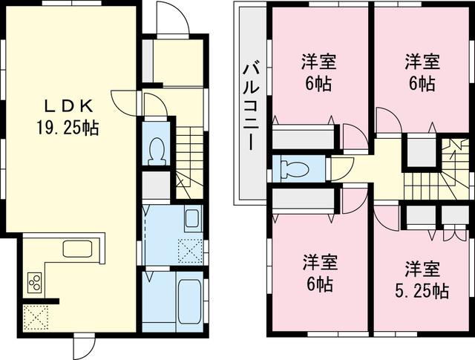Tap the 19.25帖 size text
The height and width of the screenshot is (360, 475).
[x=68, y=128]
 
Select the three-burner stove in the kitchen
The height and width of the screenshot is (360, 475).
[x=35, y=282]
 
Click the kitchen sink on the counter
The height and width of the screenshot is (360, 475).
[x=77, y=249]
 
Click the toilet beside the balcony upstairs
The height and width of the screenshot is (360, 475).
[x=295, y=168]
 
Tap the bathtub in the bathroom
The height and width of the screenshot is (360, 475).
[x=189, y=301]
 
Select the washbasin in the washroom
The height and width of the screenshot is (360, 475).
[x=191, y=219]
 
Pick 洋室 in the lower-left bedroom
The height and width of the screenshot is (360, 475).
[x=319, y=262]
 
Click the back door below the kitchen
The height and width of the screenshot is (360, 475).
[x=84, y=344]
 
